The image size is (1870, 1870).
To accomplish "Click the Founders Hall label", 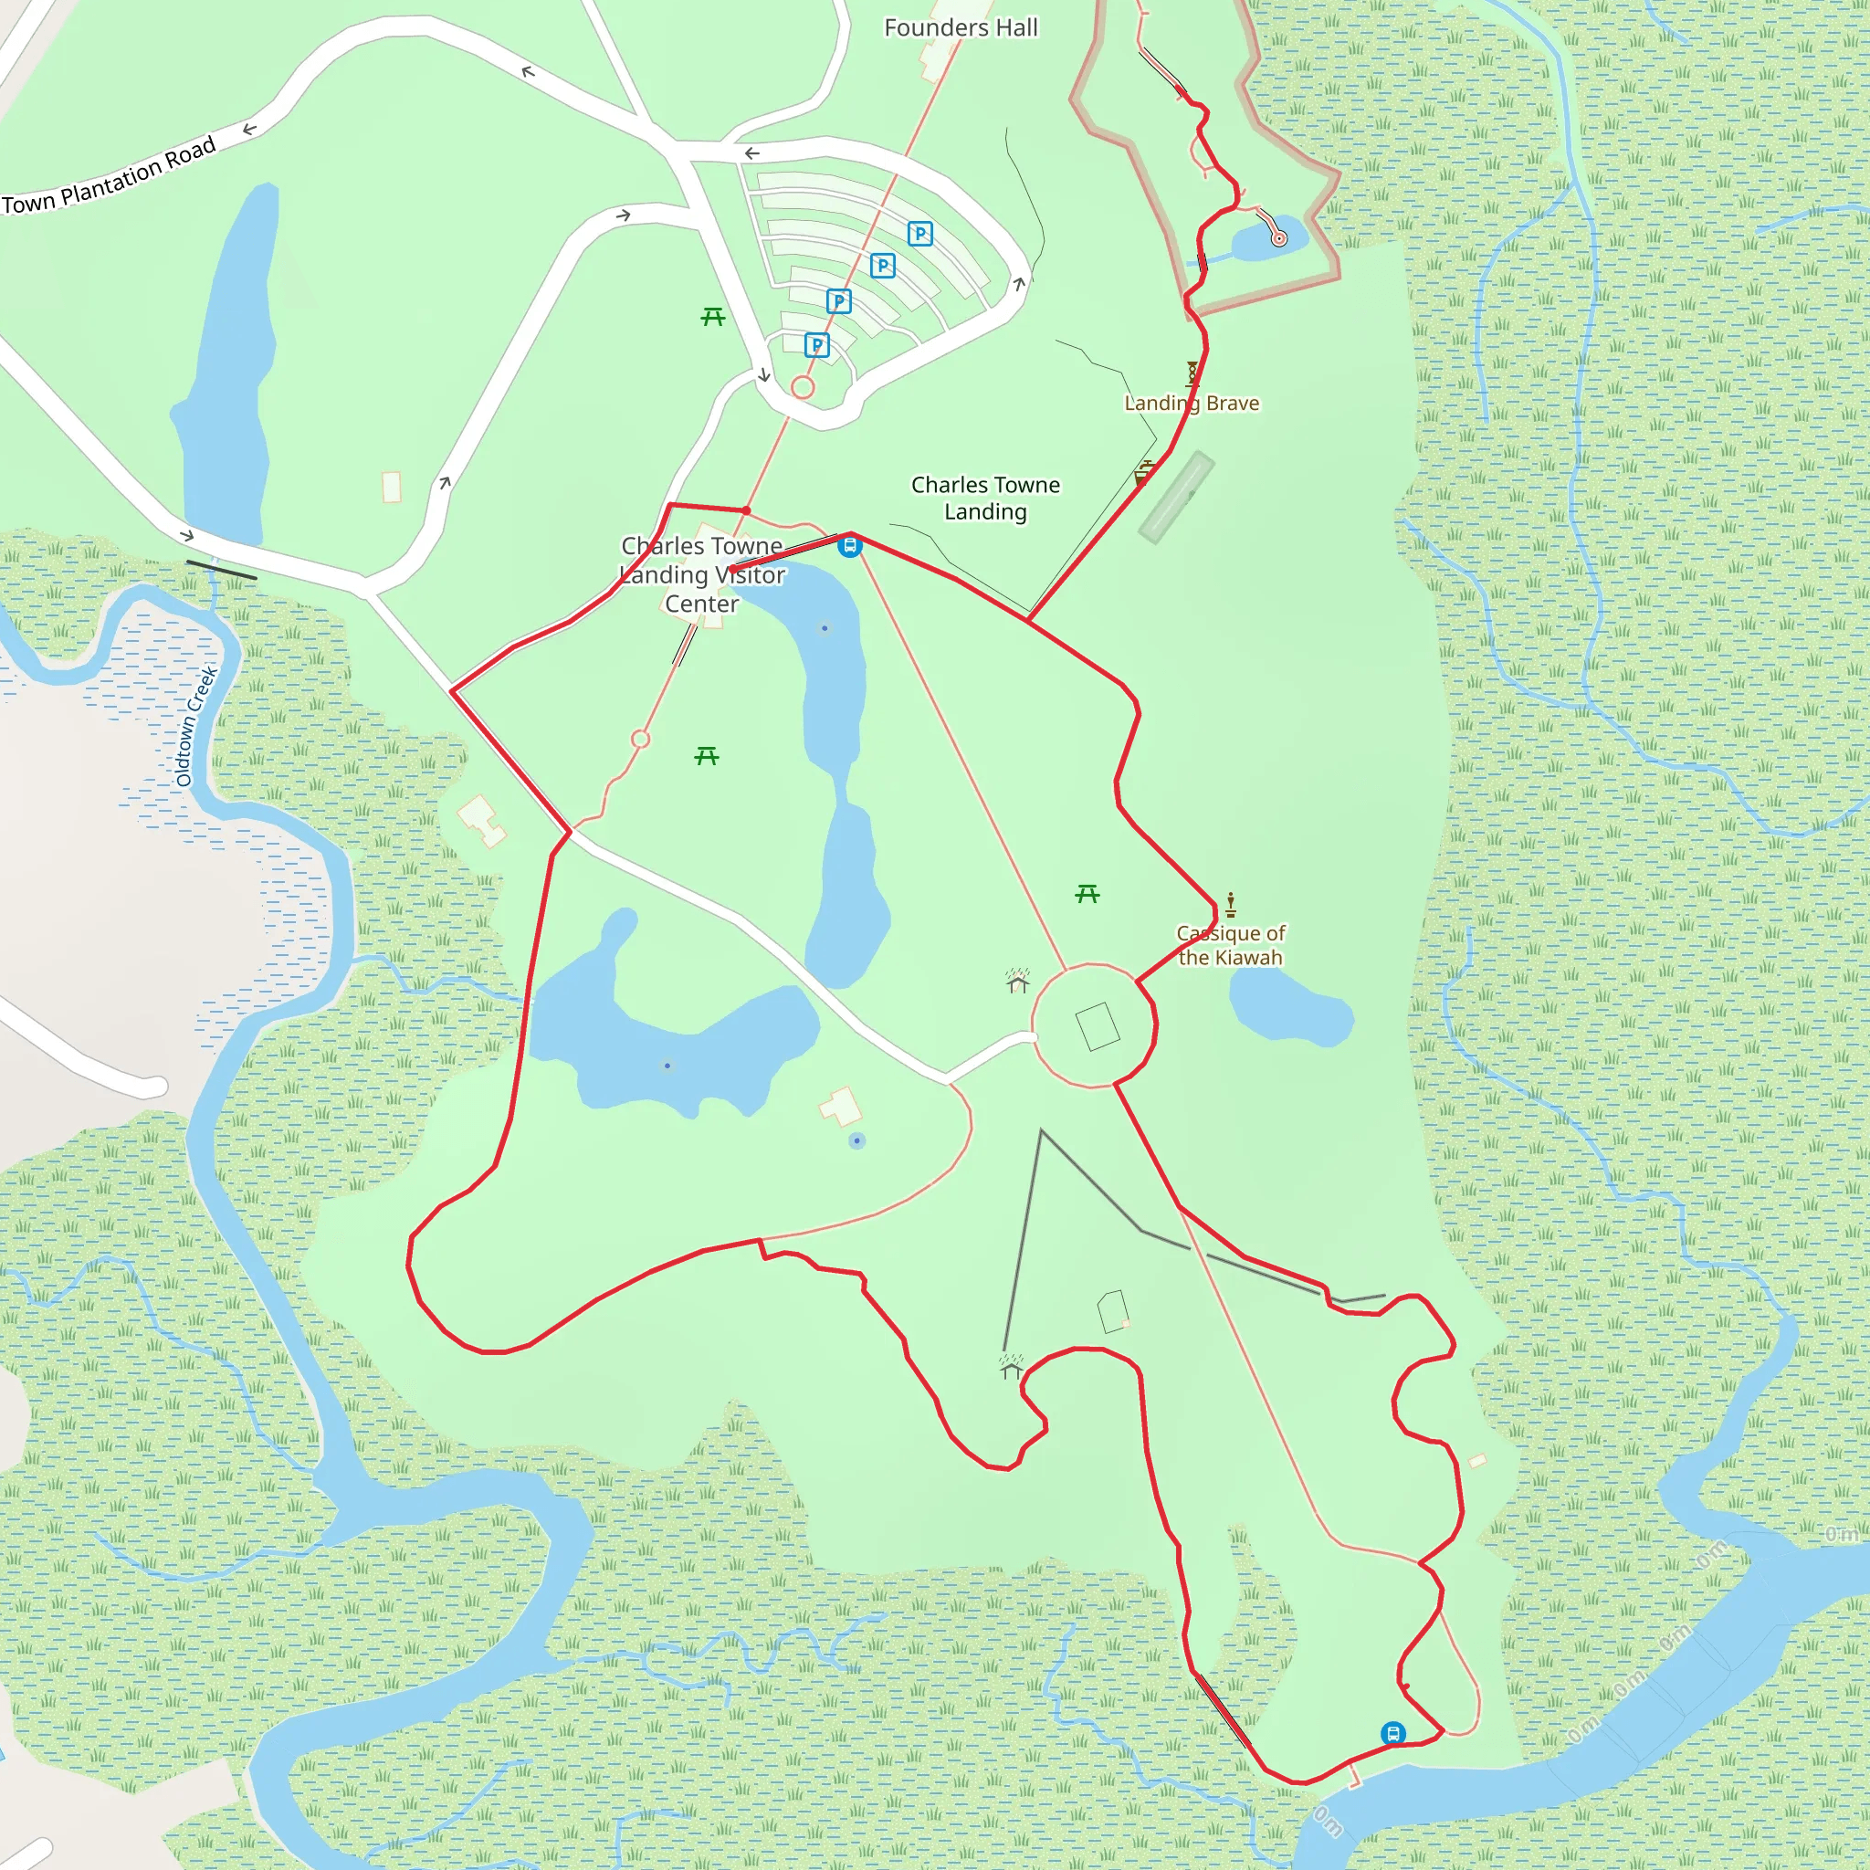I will coord(961,28).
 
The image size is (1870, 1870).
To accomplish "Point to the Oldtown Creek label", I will coord(196,725).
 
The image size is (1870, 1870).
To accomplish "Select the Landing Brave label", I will coord(1192,403).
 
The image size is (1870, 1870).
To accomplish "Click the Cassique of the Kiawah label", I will coord(1230,945).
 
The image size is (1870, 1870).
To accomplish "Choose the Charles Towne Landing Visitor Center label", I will coord(702,574).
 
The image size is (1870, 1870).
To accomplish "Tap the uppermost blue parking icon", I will coord(919,233).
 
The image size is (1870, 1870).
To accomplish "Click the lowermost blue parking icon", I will coord(817,344).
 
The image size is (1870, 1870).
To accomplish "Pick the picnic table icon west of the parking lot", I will coord(713,317).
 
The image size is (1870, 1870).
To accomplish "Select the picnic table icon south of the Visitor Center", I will coord(707,756).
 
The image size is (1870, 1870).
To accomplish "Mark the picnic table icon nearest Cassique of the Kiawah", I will coord(1087,894).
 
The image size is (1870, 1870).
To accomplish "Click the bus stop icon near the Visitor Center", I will coord(850,546).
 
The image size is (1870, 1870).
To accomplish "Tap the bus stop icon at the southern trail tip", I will coord(1392,1732).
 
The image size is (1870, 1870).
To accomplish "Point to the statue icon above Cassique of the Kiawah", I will coord(1230,904).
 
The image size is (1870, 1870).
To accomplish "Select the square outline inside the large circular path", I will coord(1098,1026).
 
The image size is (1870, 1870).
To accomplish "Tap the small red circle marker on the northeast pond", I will coord(1278,238).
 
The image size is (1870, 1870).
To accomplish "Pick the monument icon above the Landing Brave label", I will coord(1192,373).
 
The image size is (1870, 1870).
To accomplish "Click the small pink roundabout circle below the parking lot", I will coord(803,387).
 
